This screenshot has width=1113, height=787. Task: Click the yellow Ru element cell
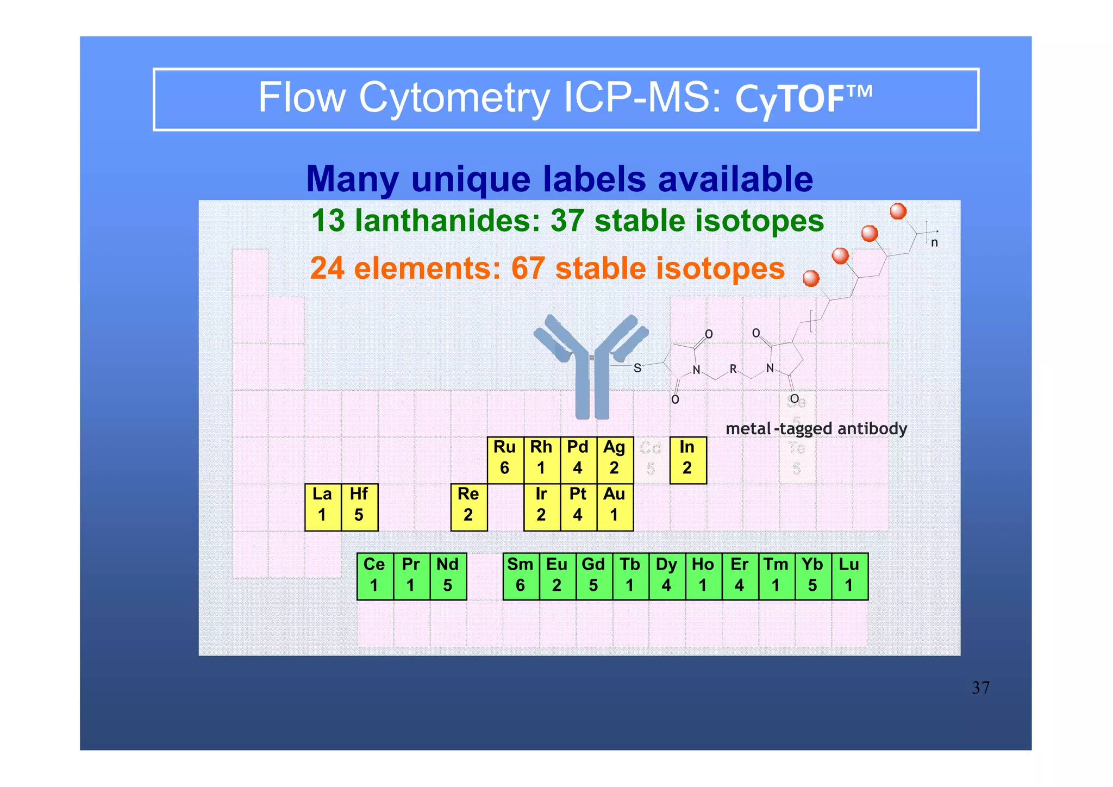(x=505, y=460)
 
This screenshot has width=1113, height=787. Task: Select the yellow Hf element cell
(x=359, y=507)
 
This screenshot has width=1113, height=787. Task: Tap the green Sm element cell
(x=521, y=577)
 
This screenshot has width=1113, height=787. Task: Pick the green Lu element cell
(x=849, y=577)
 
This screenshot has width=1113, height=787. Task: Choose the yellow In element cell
(x=687, y=460)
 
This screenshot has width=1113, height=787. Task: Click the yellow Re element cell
(x=468, y=507)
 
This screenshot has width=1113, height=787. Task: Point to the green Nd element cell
(x=448, y=577)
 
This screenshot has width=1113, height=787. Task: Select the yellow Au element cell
(x=615, y=507)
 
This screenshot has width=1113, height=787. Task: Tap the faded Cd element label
(x=651, y=449)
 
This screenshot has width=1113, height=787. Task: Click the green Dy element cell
(x=667, y=577)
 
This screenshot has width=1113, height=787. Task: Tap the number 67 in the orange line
(x=528, y=268)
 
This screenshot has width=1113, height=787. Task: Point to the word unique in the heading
(x=471, y=179)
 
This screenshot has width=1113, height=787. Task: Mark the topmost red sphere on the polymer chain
(x=898, y=211)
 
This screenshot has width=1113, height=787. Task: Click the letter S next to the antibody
(x=637, y=368)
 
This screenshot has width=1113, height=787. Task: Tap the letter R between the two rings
(x=733, y=369)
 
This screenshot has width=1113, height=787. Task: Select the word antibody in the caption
(x=872, y=429)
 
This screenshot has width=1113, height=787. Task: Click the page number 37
(x=980, y=688)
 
